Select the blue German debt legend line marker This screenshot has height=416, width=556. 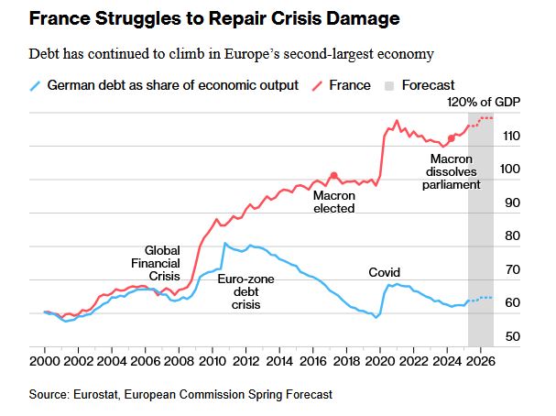(35, 85)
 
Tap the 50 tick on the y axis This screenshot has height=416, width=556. (514, 337)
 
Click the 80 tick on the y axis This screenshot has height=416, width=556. (514, 236)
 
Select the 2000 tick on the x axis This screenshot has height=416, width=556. (45, 362)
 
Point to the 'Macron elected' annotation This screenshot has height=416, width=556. (333, 202)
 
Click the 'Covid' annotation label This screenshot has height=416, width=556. (384, 272)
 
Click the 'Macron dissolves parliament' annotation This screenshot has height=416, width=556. (451, 171)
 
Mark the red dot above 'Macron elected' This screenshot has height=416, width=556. (334, 175)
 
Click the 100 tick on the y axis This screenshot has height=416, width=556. (514, 170)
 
